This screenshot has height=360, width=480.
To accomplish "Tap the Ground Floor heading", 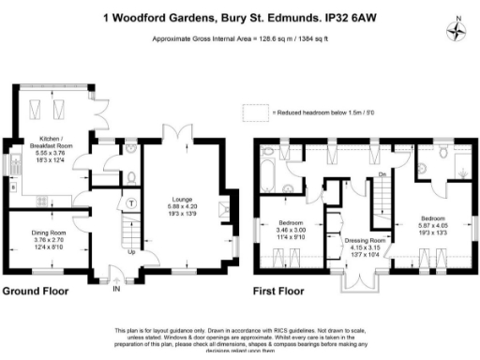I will (x=36, y=292).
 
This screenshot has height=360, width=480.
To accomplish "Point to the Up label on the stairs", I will (x=130, y=251).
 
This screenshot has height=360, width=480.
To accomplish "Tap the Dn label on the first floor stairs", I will (x=382, y=175).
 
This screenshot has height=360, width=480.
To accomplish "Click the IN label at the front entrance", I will (x=116, y=289).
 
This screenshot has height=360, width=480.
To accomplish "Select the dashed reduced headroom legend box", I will (x=254, y=112).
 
